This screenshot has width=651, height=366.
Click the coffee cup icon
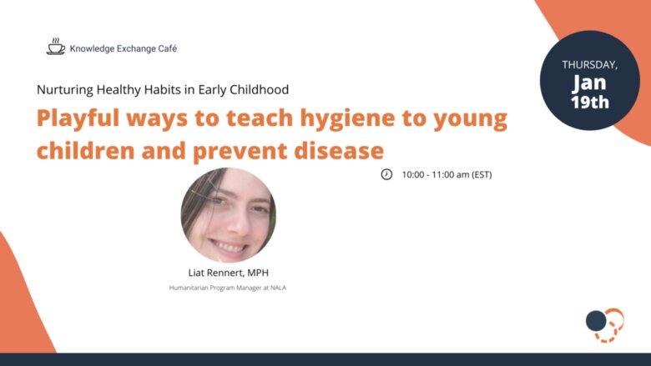tap(56, 47)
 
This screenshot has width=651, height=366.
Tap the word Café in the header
tap(167, 48)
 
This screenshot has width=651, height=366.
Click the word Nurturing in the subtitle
tap(65, 90)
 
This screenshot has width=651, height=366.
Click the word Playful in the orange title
tap(78, 118)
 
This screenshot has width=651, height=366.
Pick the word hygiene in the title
tap(347, 118)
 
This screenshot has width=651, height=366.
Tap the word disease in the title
tap(339, 150)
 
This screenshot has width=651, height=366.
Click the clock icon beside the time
tap(386, 174)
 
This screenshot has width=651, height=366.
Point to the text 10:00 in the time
tap(413, 175)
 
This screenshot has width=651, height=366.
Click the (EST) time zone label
tap(482, 175)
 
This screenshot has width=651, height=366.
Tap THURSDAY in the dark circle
tap(589, 65)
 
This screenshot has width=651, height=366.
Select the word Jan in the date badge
tap(589, 83)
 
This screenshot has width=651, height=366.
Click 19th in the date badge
tap(589, 102)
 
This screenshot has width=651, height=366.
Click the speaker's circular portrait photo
tap(229, 215)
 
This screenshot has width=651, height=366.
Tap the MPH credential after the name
tap(258, 273)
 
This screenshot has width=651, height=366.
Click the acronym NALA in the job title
tap(278, 288)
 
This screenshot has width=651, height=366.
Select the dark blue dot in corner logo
tap(596, 320)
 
